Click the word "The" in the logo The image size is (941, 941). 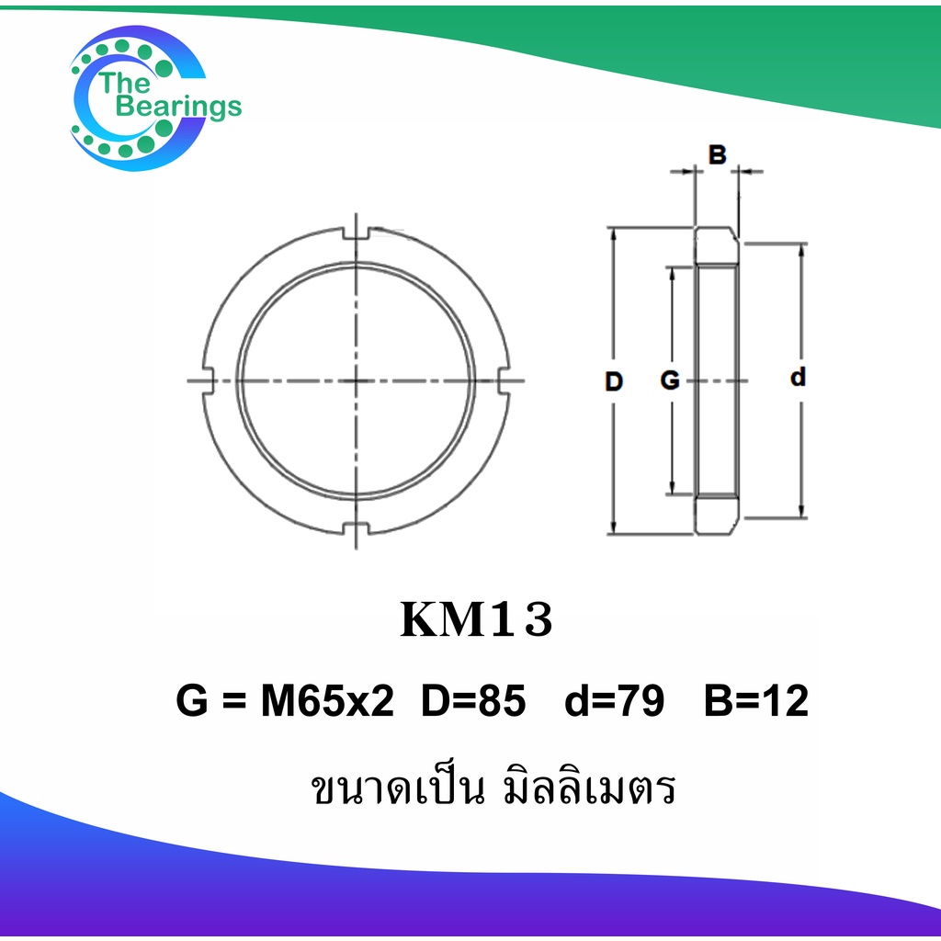click(x=124, y=83)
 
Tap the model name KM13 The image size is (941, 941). click(x=476, y=620)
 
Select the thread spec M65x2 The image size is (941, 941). click(x=328, y=700)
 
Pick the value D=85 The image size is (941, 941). click(x=473, y=700)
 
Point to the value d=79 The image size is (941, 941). click(x=615, y=700)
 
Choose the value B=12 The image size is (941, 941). click(x=756, y=700)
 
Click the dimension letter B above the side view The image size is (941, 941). click(x=717, y=154)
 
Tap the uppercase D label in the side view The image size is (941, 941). click(x=613, y=381)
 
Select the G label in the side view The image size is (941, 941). click(x=670, y=380)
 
